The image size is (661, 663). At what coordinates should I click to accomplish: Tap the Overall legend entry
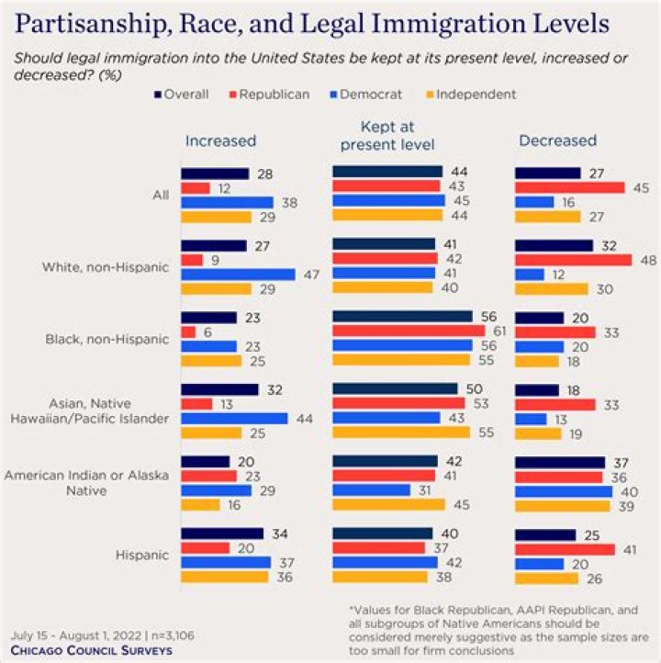click(x=183, y=94)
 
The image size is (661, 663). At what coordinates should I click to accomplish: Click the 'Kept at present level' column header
click(x=387, y=135)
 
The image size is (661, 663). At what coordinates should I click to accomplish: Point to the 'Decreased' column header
click(x=557, y=140)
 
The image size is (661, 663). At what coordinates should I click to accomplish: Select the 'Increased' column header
click(x=220, y=140)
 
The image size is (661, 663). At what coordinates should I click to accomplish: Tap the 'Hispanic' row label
click(x=143, y=555)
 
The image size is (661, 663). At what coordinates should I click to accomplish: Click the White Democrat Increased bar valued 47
click(x=238, y=274)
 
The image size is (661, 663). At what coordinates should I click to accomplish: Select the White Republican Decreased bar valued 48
click(x=573, y=260)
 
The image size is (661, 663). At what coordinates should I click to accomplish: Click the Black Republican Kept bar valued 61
click(x=408, y=331)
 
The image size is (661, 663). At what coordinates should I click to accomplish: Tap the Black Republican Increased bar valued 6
click(x=188, y=331)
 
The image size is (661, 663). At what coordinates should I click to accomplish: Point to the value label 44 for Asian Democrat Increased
click(x=302, y=418)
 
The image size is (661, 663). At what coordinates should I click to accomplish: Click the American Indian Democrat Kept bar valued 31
click(x=371, y=489)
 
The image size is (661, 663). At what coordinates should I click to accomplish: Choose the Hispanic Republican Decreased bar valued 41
click(x=565, y=548)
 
